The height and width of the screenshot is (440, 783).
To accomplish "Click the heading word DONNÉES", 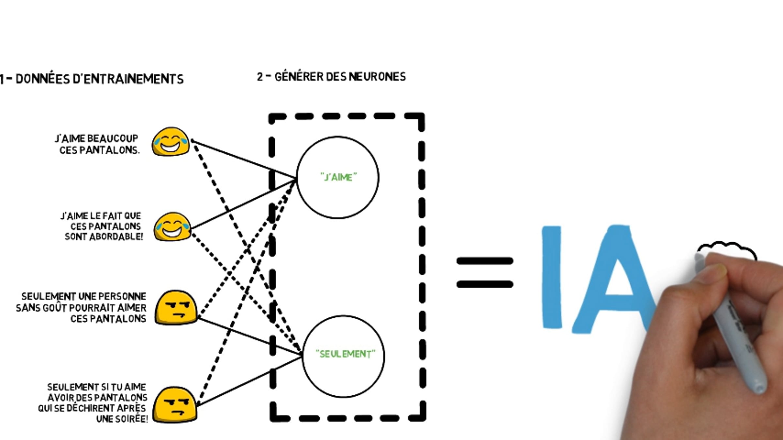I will tap(42, 79).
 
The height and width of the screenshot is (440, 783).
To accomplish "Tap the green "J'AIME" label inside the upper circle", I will tap(339, 177).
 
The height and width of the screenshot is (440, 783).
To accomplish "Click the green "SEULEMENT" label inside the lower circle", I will tap(345, 354).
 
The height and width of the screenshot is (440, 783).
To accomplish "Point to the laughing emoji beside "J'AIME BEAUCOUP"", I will tap(171, 142).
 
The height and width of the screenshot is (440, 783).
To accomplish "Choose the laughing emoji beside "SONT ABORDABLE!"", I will tap(172, 227).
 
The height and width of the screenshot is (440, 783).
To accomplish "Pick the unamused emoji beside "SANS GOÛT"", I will tap(176, 308).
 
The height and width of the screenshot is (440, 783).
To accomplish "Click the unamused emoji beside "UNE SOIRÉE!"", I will tap(175, 405).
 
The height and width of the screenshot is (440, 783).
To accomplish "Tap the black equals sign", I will tap(484, 272).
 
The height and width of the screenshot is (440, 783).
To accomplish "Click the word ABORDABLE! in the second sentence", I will tap(116, 237).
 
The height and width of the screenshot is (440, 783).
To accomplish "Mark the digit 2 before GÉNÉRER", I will tap(260, 77).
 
